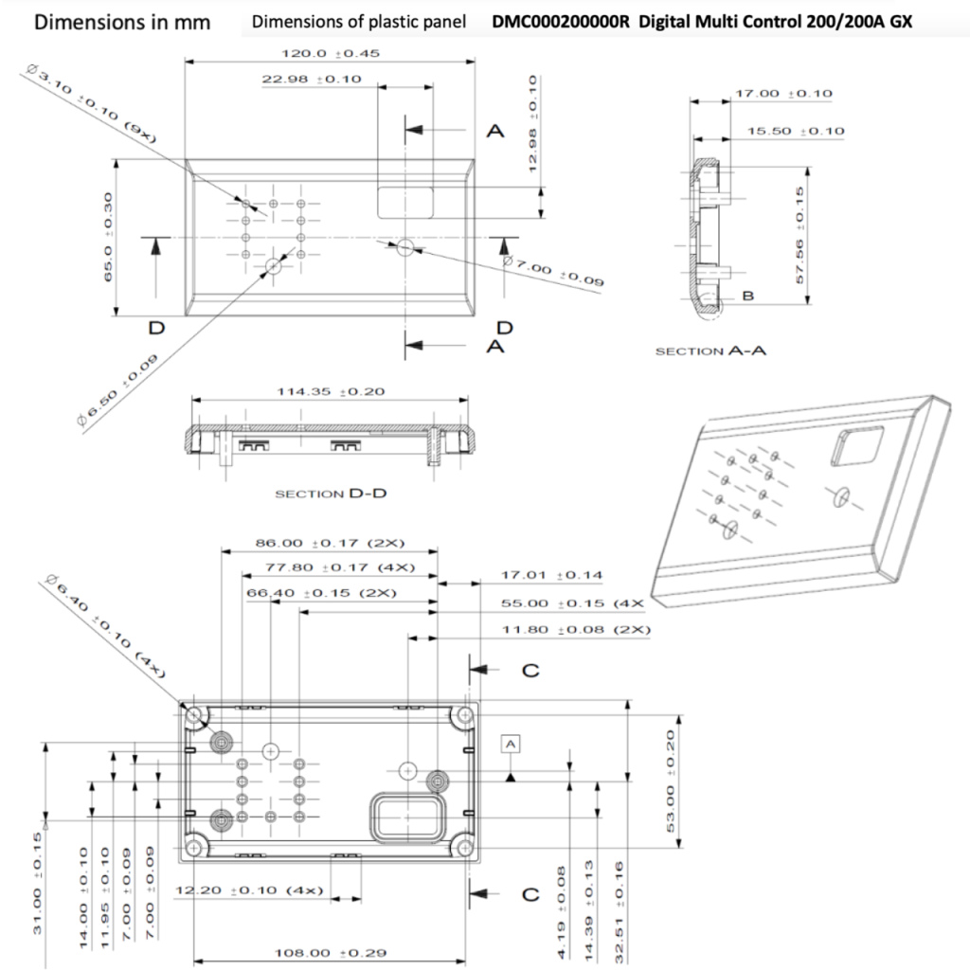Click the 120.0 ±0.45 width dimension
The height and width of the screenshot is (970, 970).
[332, 54]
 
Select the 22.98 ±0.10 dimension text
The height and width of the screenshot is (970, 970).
[312, 80]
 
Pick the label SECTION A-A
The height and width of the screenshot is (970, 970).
[710, 350]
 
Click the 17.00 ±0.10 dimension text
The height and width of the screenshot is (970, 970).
[783, 94]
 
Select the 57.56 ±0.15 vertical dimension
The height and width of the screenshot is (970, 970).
[801, 235]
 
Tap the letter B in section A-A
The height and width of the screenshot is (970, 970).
[748, 296]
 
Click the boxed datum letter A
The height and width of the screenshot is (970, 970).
[512, 745]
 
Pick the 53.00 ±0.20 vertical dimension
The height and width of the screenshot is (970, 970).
[672, 781]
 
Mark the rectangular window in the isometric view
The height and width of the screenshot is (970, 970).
[856, 445]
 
